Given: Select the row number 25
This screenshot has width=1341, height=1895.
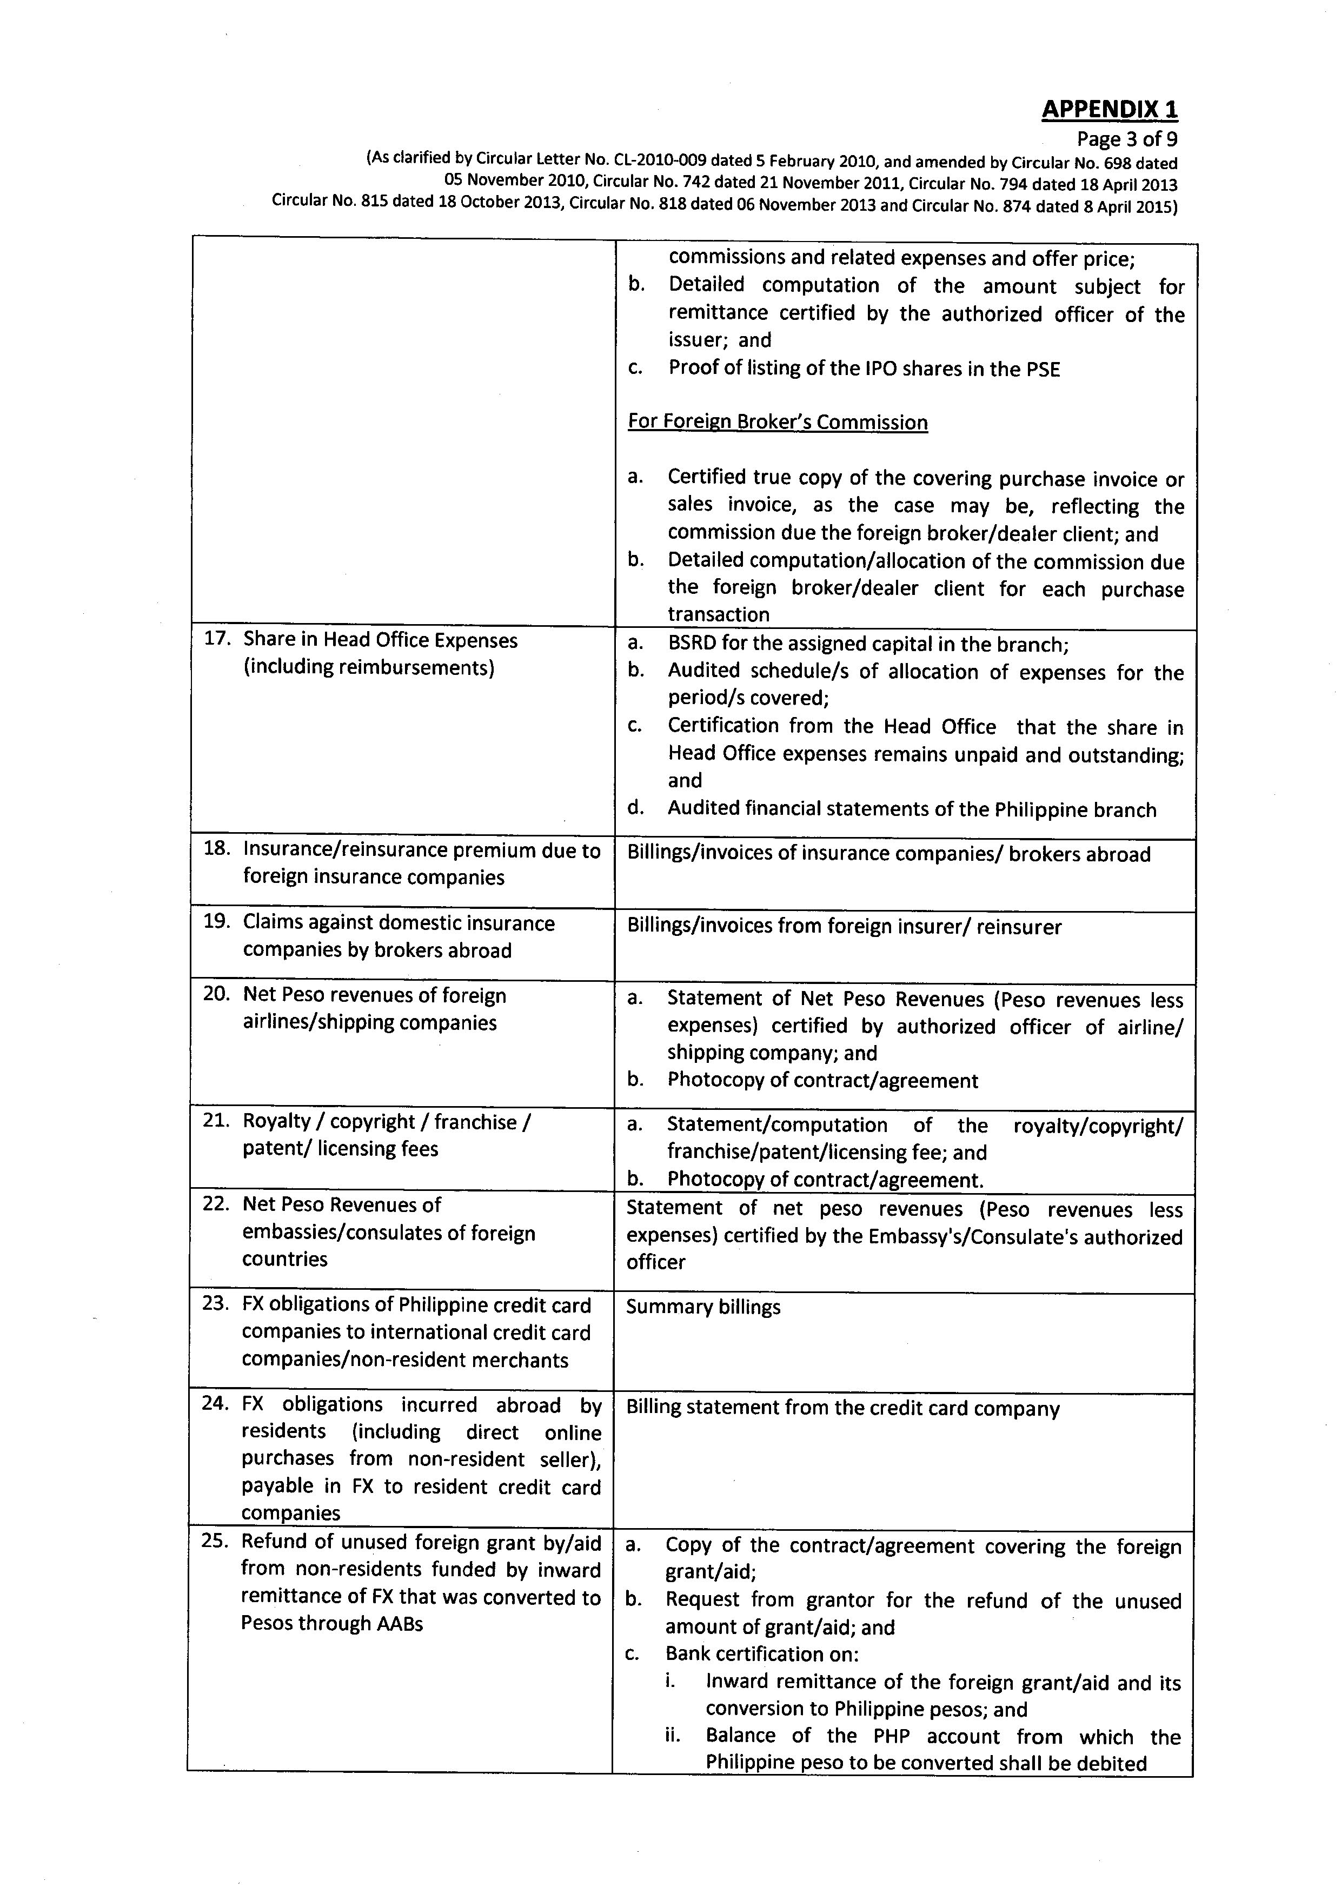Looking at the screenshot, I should point(215,1541).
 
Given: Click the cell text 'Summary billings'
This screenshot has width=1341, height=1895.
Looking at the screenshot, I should point(703,1307).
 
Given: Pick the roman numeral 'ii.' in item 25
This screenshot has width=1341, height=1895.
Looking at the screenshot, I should point(673,1735).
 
